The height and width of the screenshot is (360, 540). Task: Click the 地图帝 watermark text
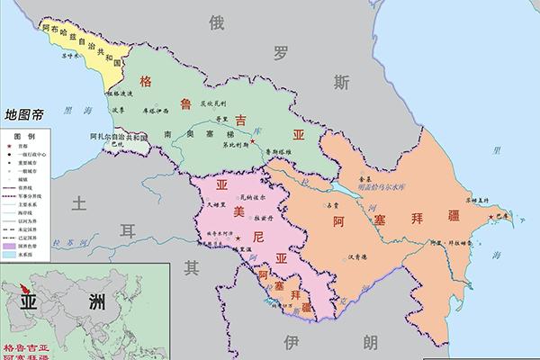click(24, 115)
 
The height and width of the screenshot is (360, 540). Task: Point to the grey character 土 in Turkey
click(78, 205)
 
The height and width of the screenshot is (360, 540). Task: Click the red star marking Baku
click(490, 217)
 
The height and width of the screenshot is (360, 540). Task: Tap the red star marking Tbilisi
click(255, 142)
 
